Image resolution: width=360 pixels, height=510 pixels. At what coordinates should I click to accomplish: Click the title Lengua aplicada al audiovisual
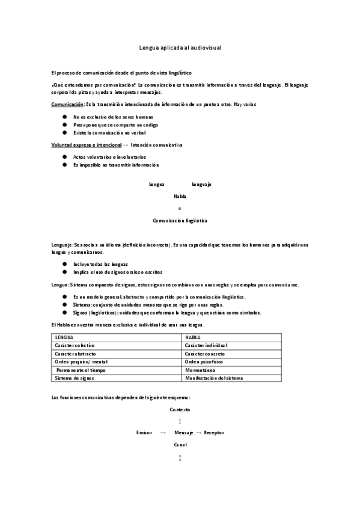pyautogui.click(x=180, y=46)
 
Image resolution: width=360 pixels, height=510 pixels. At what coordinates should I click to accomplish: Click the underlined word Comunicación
pyautogui.click(x=67, y=105)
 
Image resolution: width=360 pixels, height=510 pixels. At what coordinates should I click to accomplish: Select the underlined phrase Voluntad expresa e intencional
pyautogui.click(x=87, y=146)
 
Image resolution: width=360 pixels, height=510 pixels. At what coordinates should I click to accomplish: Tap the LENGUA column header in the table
pyautogui.click(x=64, y=337)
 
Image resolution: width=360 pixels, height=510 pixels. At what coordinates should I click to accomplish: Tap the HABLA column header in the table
pyautogui.click(x=193, y=337)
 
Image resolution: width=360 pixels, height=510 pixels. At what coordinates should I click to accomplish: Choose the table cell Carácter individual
pyautogui.click(x=206, y=346)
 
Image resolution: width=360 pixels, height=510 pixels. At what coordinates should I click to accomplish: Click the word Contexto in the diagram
pyautogui.click(x=180, y=409)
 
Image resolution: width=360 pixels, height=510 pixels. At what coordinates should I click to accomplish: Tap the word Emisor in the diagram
pyautogui.click(x=144, y=433)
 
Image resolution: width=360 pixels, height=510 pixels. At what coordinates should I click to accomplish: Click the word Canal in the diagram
pyautogui.click(x=180, y=445)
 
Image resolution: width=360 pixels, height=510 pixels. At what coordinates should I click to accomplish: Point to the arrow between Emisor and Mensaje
pyautogui.click(x=163, y=433)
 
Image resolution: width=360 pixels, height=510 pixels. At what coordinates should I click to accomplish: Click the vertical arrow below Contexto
pyautogui.click(x=180, y=421)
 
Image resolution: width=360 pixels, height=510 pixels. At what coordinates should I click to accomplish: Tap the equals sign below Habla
pyautogui.click(x=180, y=208)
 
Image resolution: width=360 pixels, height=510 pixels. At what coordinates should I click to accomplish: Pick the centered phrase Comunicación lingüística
pyautogui.click(x=180, y=221)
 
